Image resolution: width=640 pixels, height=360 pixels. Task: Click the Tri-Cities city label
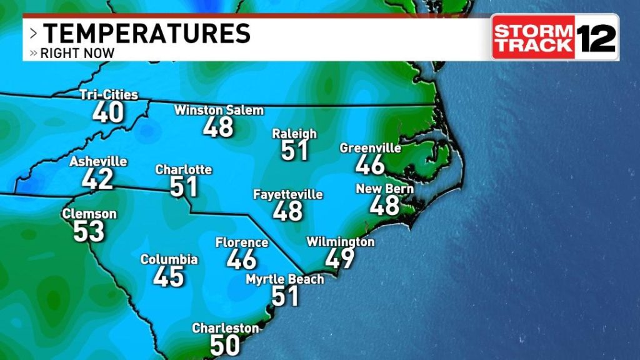pyautogui.click(x=109, y=95)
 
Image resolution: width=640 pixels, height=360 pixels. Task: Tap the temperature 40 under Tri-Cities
pyautogui.click(x=108, y=112)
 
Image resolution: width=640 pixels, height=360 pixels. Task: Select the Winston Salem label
pyautogui.click(x=219, y=111)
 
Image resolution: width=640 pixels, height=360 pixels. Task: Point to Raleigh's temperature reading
pyautogui.click(x=294, y=150)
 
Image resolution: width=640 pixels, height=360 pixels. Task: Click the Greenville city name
pyautogui.click(x=370, y=148)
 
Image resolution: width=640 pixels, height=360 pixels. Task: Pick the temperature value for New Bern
pyautogui.click(x=384, y=205)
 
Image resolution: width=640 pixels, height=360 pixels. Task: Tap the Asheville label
pyautogui.click(x=98, y=161)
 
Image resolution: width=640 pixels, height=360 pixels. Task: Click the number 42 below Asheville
pyautogui.click(x=97, y=179)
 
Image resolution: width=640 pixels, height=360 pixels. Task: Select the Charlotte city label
pyautogui.click(x=183, y=169)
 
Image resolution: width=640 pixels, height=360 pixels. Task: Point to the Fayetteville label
pyautogui.click(x=287, y=194)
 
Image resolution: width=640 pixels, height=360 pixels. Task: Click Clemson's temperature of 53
pyautogui.click(x=89, y=231)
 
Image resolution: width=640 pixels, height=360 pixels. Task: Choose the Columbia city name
pyautogui.click(x=169, y=259)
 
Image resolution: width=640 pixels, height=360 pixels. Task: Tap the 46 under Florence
pyautogui.click(x=241, y=259)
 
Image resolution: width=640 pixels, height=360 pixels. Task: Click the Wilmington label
pyautogui.click(x=341, y=242)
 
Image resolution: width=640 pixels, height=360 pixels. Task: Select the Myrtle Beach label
pyautogui.click(x=285, y=279)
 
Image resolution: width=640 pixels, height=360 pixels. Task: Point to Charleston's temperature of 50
pyautogui.click(x=225, y=345)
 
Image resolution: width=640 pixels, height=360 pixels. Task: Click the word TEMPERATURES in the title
pyautogui.click(x=146, y=33)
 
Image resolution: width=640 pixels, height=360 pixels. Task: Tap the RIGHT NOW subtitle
pyautogui.click(x=77, y=53)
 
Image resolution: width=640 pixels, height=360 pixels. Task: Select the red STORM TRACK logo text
pyautogui.click(x=533, y=37)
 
